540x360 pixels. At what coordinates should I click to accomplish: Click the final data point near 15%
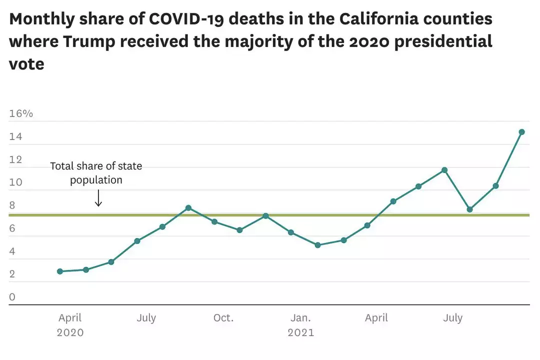[521, 132]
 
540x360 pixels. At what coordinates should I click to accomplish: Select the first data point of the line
[60, 271]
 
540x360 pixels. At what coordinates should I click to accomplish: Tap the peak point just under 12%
[444, 170]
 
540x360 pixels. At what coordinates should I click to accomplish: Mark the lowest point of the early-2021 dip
[317, 245]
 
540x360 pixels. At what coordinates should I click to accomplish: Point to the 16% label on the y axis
[21, 113]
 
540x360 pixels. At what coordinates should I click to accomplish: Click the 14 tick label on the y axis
[15, 137]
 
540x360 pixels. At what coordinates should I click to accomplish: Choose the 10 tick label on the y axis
[15, 182]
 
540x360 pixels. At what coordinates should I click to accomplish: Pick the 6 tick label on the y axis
[12, 228]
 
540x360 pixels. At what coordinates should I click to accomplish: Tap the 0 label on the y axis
[12, 297]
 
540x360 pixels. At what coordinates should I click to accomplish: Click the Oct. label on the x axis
[223, 318]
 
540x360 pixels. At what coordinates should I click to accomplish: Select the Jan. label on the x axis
[300, 318]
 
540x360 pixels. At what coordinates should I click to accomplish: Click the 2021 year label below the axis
[300, 332]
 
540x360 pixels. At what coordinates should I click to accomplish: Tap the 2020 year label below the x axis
[70, 332]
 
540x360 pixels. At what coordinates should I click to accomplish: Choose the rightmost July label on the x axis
[453, 318]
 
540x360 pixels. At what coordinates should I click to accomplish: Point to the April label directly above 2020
[70, 318]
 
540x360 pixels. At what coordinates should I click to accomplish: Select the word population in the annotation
[96, 180]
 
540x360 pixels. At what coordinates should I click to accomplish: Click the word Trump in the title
[87, 41]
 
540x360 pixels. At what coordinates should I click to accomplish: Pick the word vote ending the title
[26, 64]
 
